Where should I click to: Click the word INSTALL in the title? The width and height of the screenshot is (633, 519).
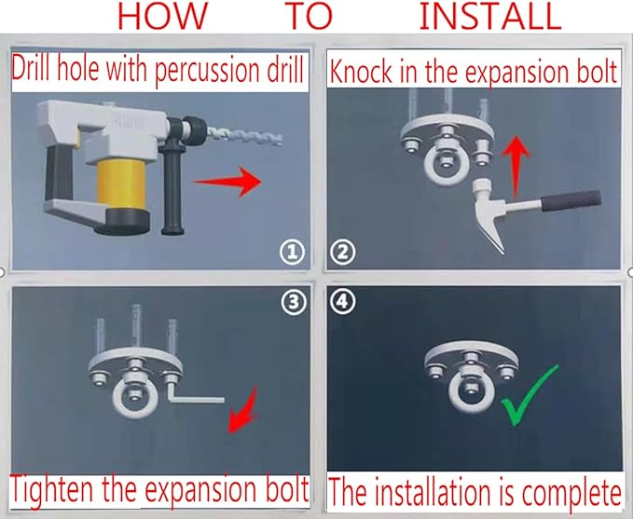(490, 16)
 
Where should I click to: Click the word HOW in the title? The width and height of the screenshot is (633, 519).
(162, 16)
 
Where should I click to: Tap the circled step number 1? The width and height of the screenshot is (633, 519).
(293, 253)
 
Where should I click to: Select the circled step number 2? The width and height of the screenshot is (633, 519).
(342, 253)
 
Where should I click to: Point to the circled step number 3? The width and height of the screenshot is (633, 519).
(294, 302)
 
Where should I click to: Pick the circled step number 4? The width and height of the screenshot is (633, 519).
(343, 301)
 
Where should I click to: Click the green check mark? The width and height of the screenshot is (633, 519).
(530, 395)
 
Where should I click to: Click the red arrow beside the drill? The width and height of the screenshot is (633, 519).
(227, 182)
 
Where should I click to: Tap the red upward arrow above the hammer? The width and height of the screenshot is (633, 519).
(516, 168)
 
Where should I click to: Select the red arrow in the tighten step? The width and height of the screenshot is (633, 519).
(242, 410)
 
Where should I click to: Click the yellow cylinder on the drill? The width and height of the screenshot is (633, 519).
(121, 184)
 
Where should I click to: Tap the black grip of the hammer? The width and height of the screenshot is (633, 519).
(571, 201)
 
